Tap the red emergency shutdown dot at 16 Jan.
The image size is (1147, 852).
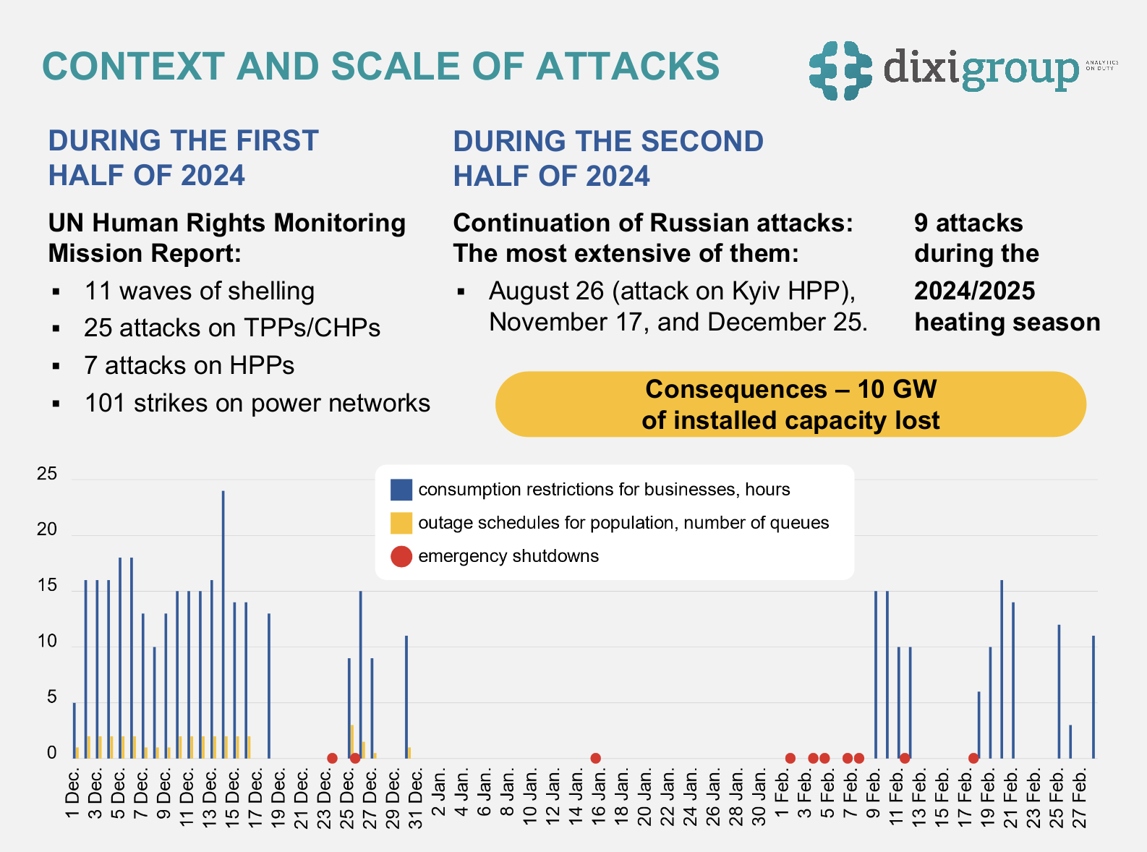[x=595, y=758]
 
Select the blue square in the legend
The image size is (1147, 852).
[x=401, y=490]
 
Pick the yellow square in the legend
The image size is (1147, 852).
[x=401, y=523]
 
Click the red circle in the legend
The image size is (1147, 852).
[x=401, y=556]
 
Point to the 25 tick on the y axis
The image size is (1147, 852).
[x=47, y=474]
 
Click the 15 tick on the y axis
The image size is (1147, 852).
[x=47, y=586]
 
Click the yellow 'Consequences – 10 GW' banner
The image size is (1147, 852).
[x=790, y=404]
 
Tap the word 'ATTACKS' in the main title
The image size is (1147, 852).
[x=627, y=66]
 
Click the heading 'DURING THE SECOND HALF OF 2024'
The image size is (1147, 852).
[x=607, y=158]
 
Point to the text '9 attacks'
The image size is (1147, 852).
[x=968, y=223]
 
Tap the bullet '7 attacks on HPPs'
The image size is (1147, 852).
[x=189, y=365]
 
